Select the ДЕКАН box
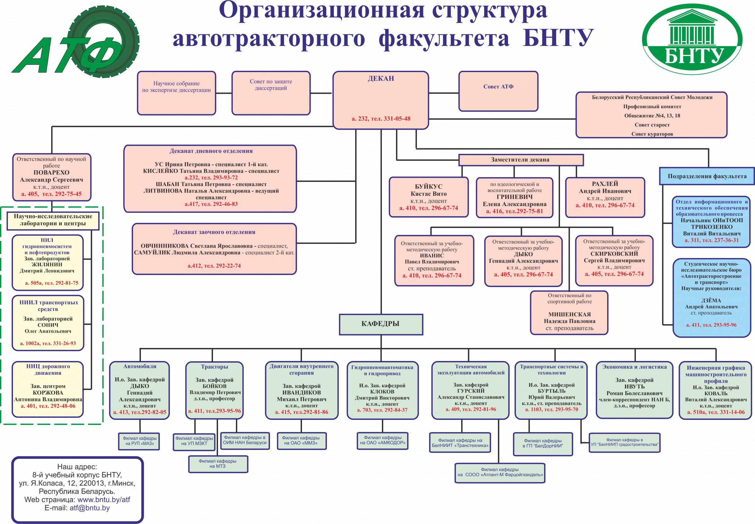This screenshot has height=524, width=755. click(381, 100)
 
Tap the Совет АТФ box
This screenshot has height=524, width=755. click(498, 91)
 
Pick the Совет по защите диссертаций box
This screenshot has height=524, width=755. click(271, 93)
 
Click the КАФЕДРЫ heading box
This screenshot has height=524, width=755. click(381, 324)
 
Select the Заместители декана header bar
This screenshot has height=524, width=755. click(520, 160)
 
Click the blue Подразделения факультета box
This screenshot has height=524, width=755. click(707, 176)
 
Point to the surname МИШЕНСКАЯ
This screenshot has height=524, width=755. click(569, 314)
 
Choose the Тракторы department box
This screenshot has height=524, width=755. click(214, 390)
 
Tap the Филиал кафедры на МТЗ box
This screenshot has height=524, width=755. click(218, 464)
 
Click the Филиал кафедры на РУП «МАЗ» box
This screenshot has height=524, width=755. click(140, 441)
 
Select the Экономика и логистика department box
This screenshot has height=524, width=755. click(634, 390)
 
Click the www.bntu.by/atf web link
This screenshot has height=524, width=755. click(104, 500)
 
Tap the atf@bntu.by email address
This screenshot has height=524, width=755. click(90, 508)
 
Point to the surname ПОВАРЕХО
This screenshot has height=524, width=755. click(52, 172)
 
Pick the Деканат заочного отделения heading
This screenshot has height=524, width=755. click(214, 232)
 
